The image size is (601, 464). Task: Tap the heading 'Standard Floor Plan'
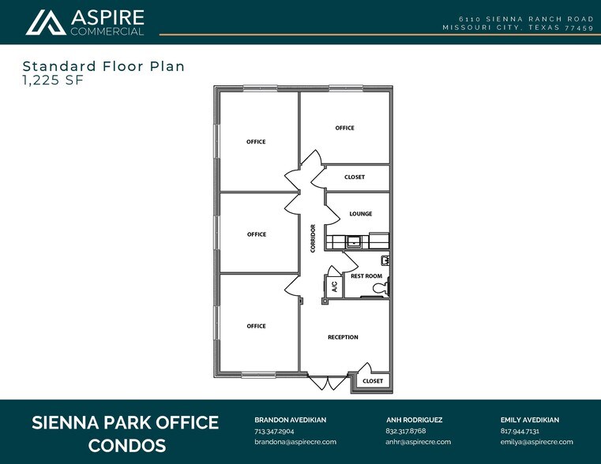[103, 66]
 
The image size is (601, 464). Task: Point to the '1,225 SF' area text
[54, 80]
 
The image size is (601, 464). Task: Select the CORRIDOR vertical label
[314, 238]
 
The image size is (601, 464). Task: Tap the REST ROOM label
[366, 276]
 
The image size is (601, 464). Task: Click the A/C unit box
[333, 286]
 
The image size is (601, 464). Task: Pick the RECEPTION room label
[343, 337]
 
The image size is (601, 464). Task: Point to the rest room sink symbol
[385, 260]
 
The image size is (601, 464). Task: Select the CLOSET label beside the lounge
[355, 177]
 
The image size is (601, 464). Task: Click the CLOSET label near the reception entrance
[372, 381]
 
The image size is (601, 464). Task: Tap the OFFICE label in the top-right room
[344, 128]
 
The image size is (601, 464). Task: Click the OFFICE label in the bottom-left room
[256, 326]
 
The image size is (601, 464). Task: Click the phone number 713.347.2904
[275, 431]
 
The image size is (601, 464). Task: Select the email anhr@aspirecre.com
[418, 442]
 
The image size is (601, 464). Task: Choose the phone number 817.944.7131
[520, 431]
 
